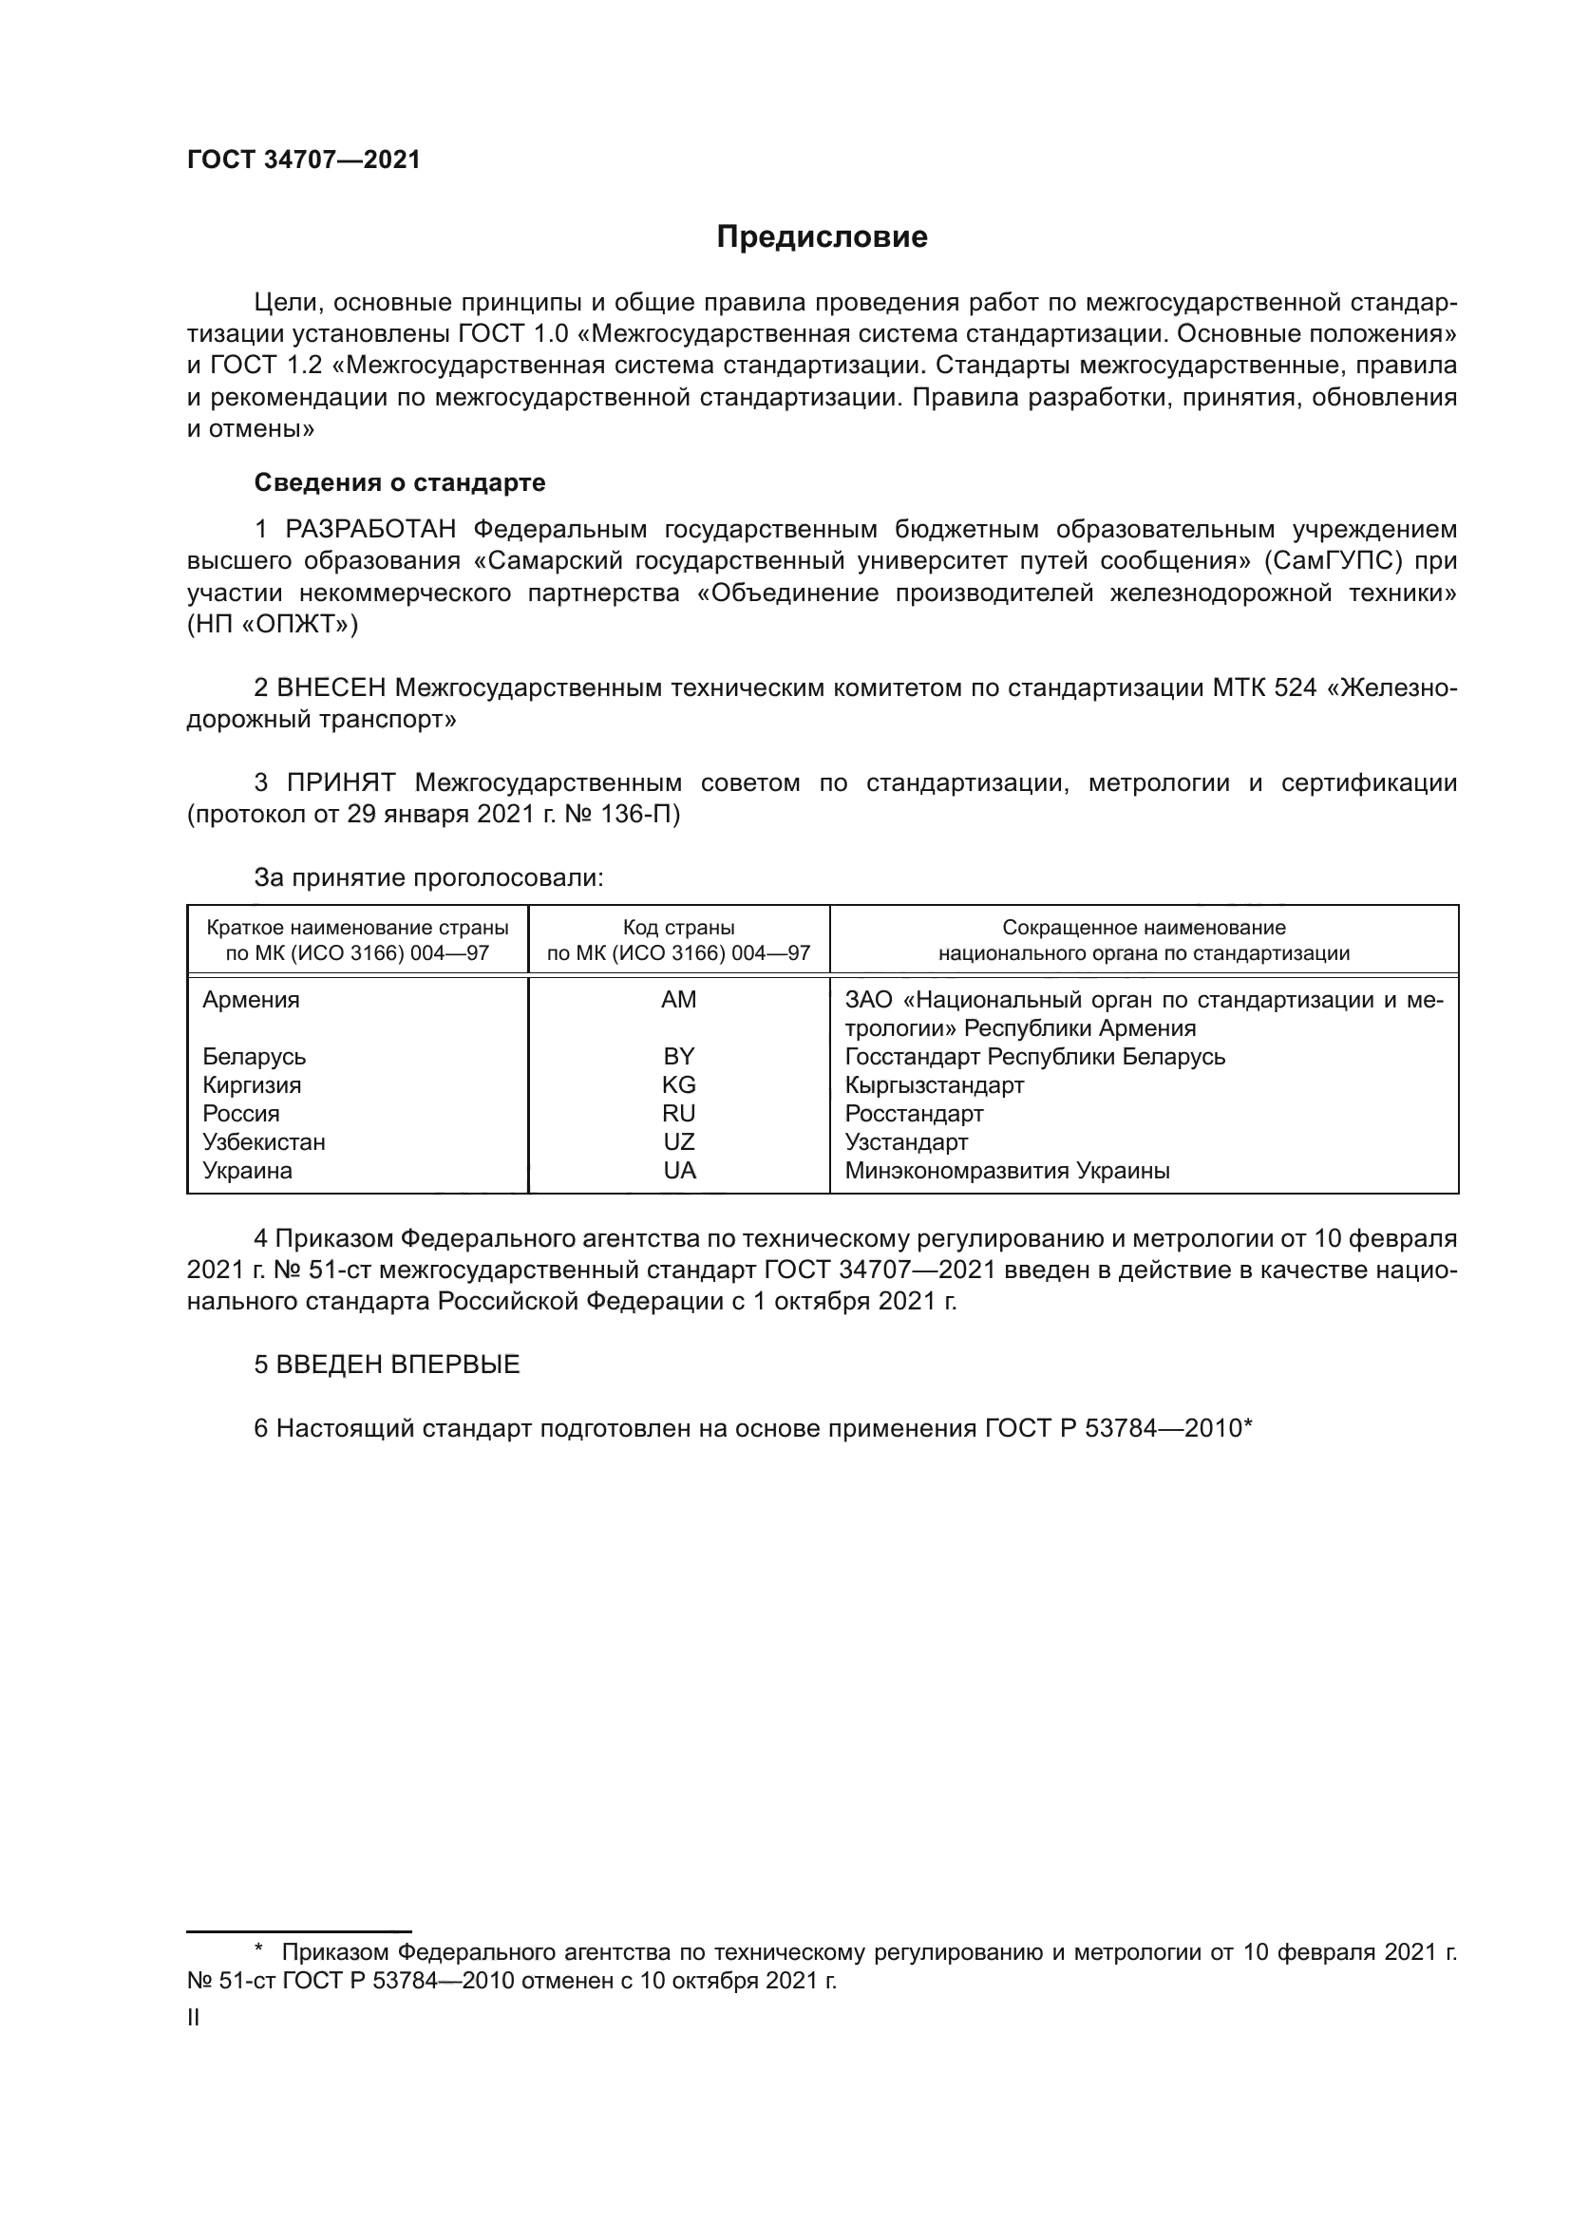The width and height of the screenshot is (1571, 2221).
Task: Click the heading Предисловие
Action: pyautogui.click(x=822, y=237)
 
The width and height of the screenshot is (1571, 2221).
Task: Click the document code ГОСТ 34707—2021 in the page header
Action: pyautogui.click(x=304, y=160)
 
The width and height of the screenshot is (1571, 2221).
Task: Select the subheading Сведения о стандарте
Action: pyautogui.click(x=400, y=481)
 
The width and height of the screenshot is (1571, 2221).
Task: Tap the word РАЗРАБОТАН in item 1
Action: pyautogui.click(x=370, y=529)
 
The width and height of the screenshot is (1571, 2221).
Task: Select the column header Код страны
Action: pyautogui.click(x=678, y=928)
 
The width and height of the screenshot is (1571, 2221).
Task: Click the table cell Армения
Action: pyautogui.click(x=252, y=1000)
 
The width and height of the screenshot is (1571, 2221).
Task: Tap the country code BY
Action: pyautogui.click(x=679, y=1056)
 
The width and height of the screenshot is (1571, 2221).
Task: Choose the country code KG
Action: pyautogui.click(x=679, y=1085)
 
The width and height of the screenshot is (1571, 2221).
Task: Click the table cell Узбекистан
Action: pyautogui.click(x=264, y=1142)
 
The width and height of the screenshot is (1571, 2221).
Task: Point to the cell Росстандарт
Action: pyautogui.click(x=914, y=1114)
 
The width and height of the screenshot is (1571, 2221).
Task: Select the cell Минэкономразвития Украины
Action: pyautogui.click(x=1007, y=1172)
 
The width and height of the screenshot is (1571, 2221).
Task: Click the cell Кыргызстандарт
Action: pyautogui.click(x=935, y=1085)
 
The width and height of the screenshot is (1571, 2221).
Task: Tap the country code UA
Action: pyautogui.click(x=679, y=1172)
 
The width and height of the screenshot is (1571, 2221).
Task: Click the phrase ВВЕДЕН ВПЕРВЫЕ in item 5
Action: pyautogui.click(x=398, y=1365)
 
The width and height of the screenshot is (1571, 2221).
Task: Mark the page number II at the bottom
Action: pyautogui.click(x=194, y=2018)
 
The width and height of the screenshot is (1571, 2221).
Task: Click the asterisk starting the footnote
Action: pyautogui.click(x=258, y=1949)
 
